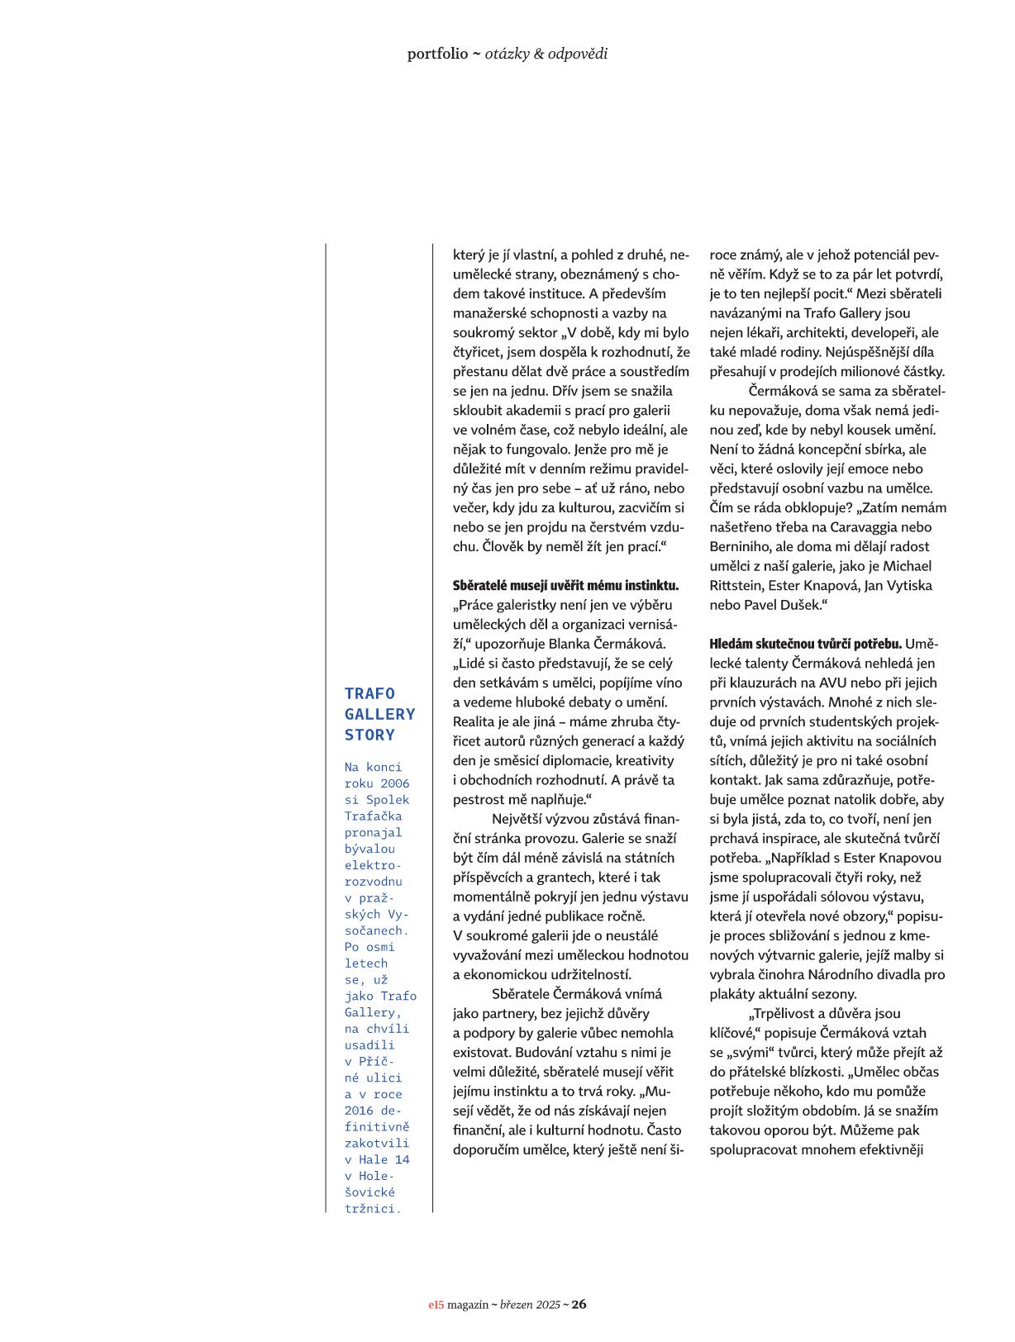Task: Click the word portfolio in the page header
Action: coord(437,55)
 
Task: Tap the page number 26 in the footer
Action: coord(579,1305)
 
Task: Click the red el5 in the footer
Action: coord(436,1306)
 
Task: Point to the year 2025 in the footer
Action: coord(547,1306)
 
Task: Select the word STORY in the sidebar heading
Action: coord(369,735)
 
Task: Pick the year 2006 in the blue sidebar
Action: coord(395,783)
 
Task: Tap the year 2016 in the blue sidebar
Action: coord(359,1111)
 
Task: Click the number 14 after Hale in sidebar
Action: coord(402,1160)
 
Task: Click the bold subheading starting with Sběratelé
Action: coord(565,586)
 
